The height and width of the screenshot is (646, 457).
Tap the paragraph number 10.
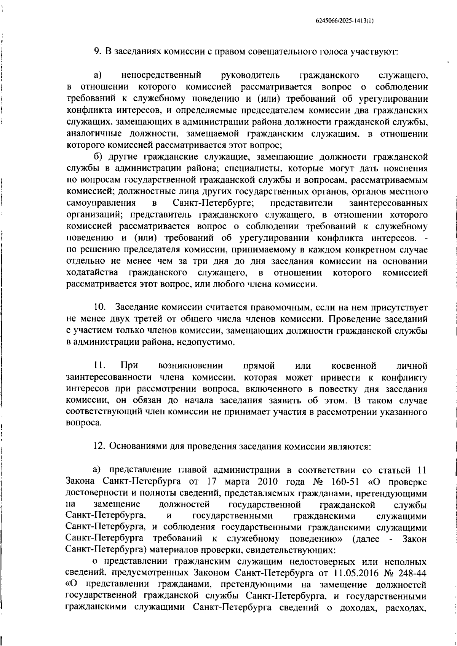coord(99,307)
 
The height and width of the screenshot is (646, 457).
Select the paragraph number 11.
coord(99,366)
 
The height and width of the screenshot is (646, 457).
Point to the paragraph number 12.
coord(99,446)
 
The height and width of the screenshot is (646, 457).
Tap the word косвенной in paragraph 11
coord(354,366)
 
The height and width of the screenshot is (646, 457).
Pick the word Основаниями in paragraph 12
coord(133,446)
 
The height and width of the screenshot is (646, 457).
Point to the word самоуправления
coord(101,203)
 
